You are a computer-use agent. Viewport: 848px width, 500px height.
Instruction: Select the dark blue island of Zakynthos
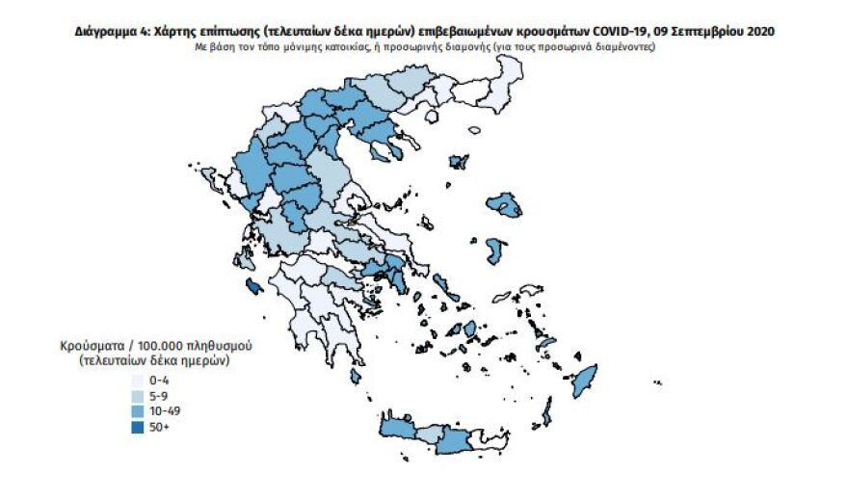252,285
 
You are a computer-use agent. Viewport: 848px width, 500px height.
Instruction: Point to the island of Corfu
210,178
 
